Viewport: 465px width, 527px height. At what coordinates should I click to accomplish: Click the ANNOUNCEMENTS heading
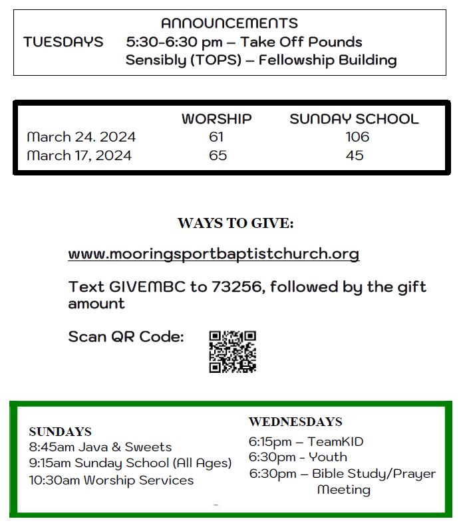click(x=230, y=24)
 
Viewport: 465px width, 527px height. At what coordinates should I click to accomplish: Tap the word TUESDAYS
click(x=63, y=42)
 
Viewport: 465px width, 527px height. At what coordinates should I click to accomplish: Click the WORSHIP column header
click(x=216, y=119)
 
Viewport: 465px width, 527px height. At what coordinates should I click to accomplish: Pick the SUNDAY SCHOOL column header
click(x=354, y=119)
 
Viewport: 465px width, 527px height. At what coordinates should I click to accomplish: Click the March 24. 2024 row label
click(x=81, y=137)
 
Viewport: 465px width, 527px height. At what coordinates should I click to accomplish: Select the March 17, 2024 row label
click(x=79, y=156)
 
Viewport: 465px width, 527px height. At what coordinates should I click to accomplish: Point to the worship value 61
click(x=216, y=137)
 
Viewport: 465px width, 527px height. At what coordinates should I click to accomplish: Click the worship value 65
click(x=218, y=156)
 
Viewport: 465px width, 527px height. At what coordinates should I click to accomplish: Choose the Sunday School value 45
click(x=355, y=156)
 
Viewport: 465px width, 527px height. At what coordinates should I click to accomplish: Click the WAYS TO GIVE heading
click(x=235, y=223)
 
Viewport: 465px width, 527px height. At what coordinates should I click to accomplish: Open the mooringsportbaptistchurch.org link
click(x=214, y=254)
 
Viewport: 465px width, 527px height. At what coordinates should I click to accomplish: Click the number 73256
click(x=236, y=287)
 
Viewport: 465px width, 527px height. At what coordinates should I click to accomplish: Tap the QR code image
click(x=232, y=352)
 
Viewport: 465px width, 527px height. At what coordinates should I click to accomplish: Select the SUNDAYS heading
click(x=60, y=432)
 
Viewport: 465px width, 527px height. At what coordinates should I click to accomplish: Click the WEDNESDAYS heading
click(x=295, y=422)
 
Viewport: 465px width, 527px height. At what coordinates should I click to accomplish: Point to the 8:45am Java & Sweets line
click(x=100, y=447)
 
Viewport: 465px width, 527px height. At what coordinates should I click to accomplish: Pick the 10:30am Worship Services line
click(x=111, y=480)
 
